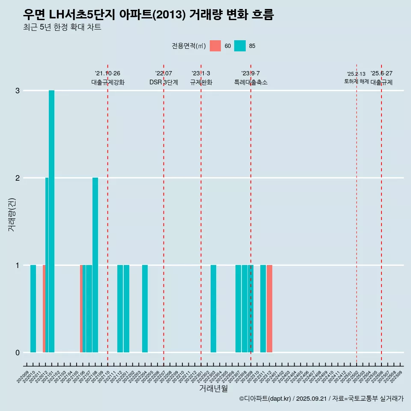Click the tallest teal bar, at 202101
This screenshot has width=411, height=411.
pos(51,221)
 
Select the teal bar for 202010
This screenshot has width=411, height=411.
pos(33,309)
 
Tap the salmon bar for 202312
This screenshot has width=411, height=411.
pos(269,309)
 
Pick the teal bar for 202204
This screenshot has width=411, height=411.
pos(145,309)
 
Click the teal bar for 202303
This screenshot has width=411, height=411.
pos(213,309)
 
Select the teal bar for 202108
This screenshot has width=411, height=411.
pos(95,265)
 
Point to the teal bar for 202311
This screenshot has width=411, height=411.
pos(263,309)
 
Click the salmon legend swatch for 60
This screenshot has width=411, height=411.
pos(215,46)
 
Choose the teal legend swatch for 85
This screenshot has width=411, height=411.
pos(240,46)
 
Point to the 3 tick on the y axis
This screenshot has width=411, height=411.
pos(18,91)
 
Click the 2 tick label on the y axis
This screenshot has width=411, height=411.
pos(18,178)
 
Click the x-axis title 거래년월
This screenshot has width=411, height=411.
pos(213,389)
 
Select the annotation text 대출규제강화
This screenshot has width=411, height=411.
pos(108,82)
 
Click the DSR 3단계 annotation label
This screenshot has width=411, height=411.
pos(164,82)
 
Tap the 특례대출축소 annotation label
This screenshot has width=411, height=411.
pos(251,82)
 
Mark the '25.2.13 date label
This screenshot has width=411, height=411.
pos(356,74)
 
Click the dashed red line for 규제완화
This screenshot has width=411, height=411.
pos(201,214)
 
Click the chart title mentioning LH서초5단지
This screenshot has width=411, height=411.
pos(148,15)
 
